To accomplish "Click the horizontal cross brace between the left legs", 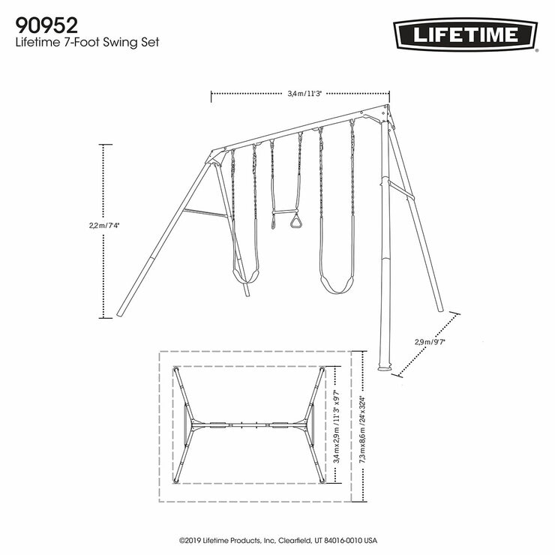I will pos(205,214).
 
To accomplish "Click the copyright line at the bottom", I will pos(277,539).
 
